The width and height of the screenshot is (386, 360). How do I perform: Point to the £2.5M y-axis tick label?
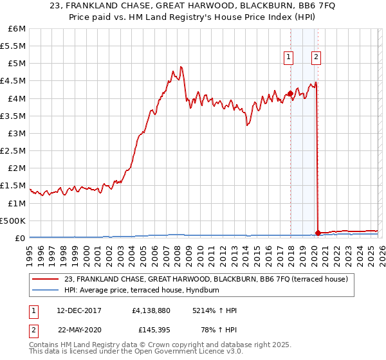(x=14, y=150)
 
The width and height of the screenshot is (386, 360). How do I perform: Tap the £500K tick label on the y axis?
(x=13, y=221)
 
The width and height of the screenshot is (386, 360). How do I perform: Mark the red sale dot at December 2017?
(x=290, y=93)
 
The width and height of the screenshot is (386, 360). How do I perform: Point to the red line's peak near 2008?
(x=181, y=66)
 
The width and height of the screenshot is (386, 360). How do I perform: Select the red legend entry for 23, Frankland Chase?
(x=206, y=279)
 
